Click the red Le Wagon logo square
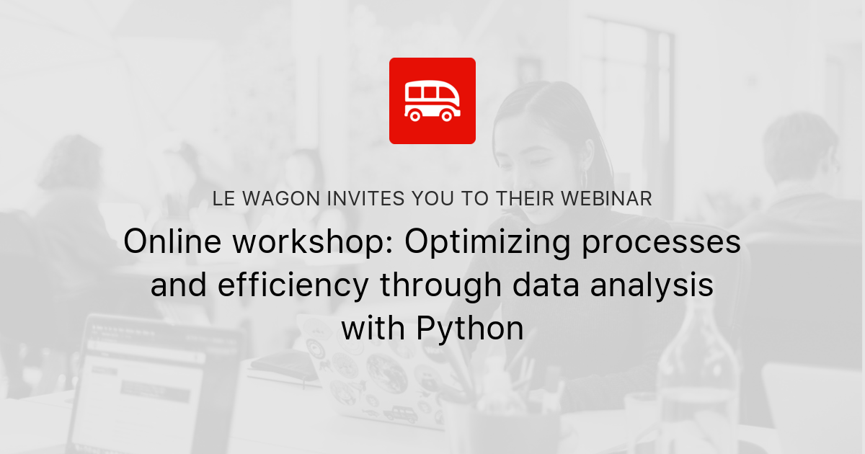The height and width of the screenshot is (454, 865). point(432,101)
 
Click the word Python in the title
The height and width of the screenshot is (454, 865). point(470,329)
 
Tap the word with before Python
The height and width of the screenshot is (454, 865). point(374,329)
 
